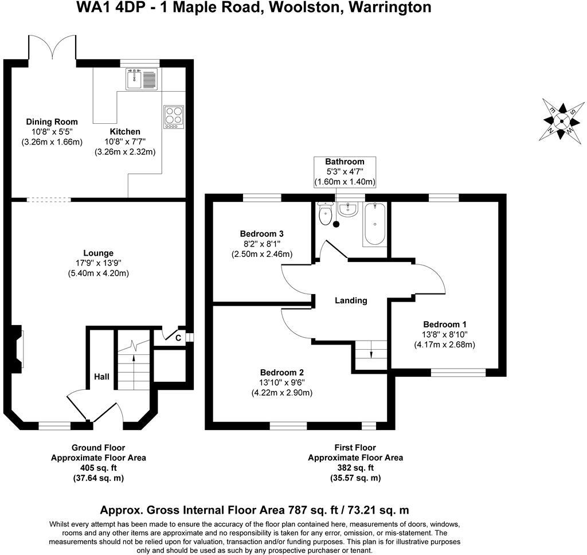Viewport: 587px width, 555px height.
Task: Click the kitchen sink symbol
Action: pos(141,79)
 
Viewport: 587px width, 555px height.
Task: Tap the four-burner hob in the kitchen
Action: pos(174,117)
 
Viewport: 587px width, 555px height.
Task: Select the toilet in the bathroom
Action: pos(326,216)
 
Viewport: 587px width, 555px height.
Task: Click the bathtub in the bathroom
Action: pos(374,224)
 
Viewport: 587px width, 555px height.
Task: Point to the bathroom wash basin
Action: pos(348,210)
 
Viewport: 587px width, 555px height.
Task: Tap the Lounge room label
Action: pos(98,253)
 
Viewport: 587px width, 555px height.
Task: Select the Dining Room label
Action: pos(52,122)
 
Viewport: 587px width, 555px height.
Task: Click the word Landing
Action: pos(351,300)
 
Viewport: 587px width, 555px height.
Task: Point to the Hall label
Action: pos(101,377)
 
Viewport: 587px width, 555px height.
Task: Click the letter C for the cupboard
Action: pos(178,338)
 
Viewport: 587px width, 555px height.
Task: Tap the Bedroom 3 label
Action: pos(261,234)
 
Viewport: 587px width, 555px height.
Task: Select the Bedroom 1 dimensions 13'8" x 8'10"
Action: pos(445,334)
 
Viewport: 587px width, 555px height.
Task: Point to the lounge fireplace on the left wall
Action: pos(18,347)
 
